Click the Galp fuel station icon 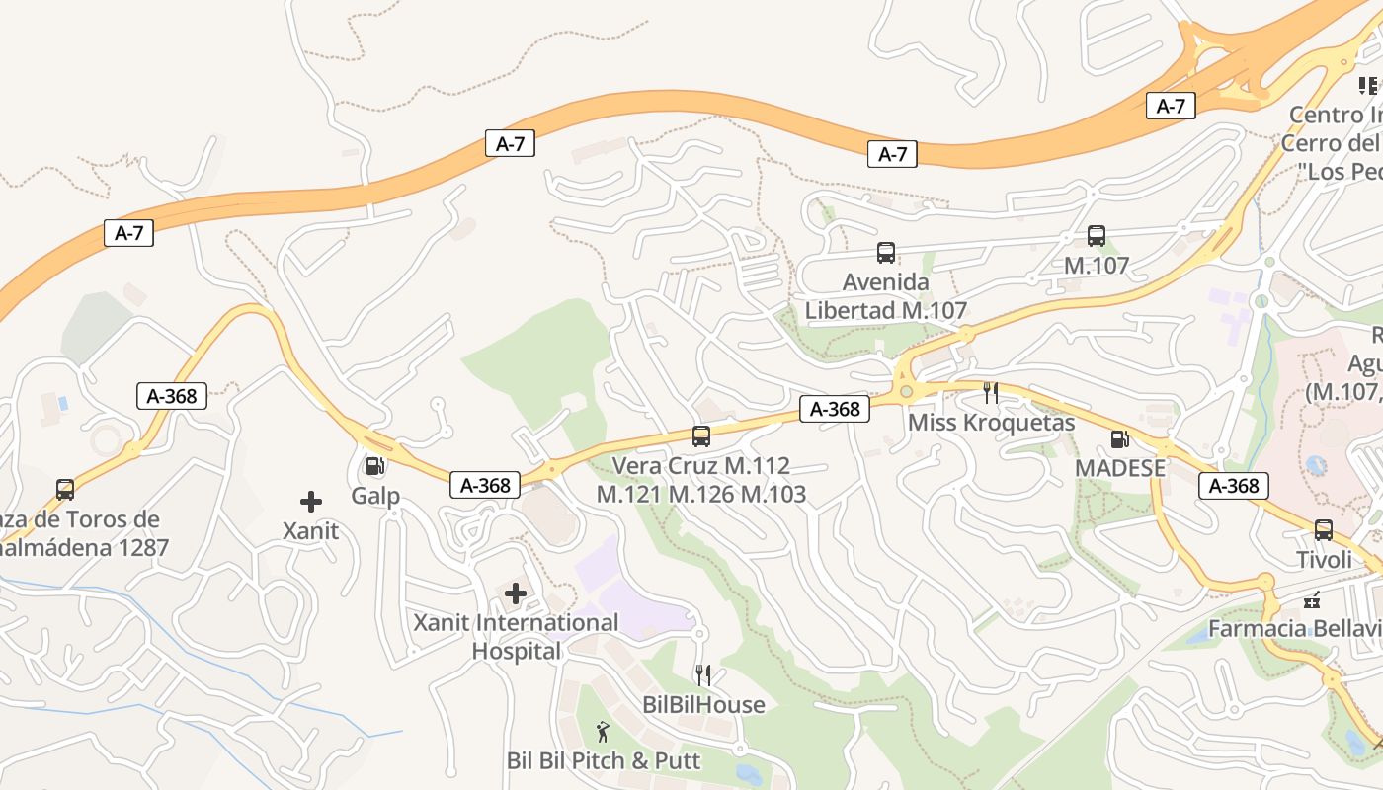point(374,466)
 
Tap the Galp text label point(375,495)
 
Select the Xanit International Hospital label point(516,637)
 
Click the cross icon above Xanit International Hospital point(516,593)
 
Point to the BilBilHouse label point(703,704)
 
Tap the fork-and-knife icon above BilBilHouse point(703,675)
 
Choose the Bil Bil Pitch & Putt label point(603,760)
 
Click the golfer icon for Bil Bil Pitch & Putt point(603,732)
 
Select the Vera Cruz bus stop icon point(701,435)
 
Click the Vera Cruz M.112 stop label point(701,479)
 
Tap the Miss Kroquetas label point(991,423)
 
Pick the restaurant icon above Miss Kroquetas point(991,393)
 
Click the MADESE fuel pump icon point(1119,439)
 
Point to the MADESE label point(1119,468)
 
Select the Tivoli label point(1324,560)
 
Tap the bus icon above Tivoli point(1324,530)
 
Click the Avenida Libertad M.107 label point(885,296)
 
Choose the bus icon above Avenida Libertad point(886,253)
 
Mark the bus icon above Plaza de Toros point(65,489)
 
